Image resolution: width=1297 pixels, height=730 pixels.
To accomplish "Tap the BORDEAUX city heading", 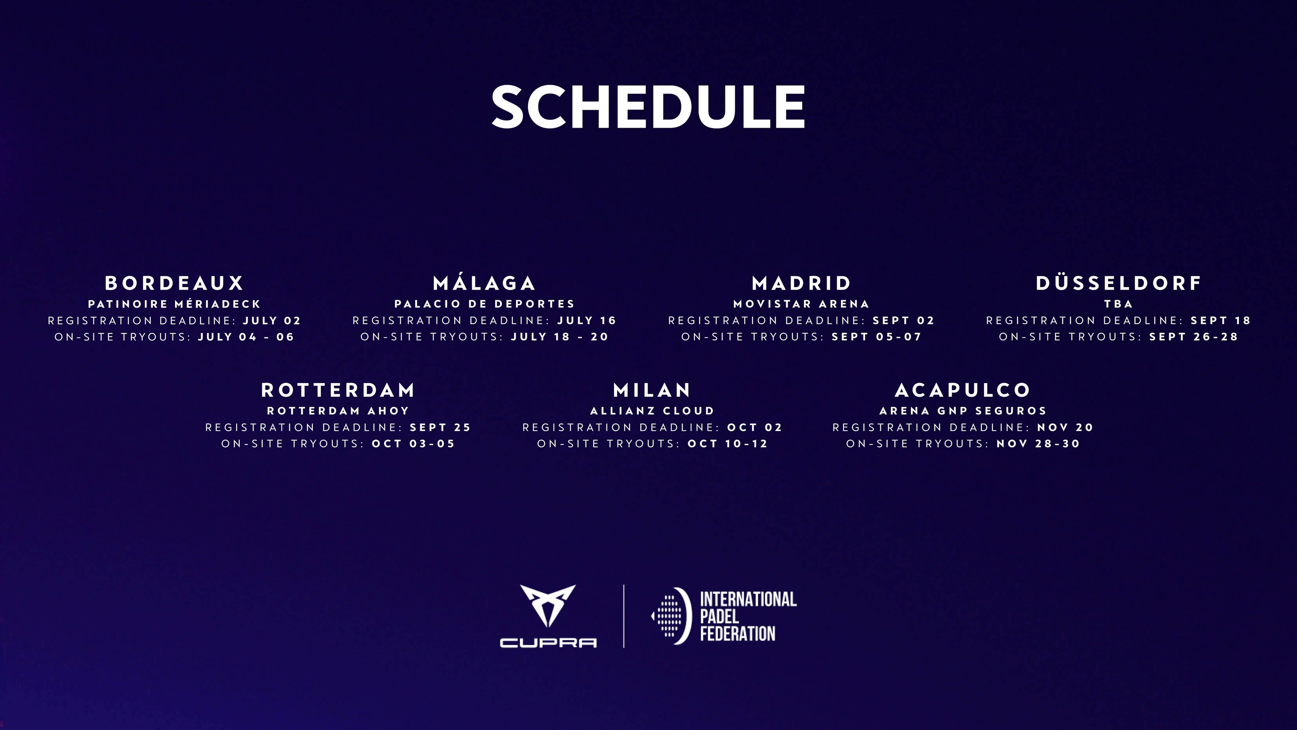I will pos(174,283).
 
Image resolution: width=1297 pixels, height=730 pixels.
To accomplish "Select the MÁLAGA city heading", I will pos(484,283).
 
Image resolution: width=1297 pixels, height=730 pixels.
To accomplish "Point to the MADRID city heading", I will pos(801,283).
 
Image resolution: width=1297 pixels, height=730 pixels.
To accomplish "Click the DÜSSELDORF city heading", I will pos(1118,283).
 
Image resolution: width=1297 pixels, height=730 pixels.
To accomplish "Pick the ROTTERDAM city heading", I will pos(338,390).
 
